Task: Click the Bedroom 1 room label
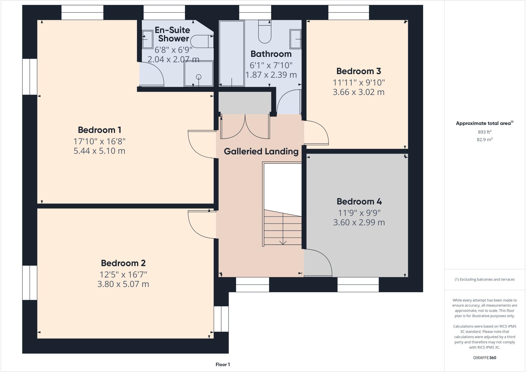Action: [99, 130]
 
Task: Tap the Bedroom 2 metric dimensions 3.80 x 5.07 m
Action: [123, 284]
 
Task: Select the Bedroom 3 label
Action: [359, 71]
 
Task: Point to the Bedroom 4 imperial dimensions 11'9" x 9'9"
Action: [359, 213]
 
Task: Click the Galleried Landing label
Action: [261, 151]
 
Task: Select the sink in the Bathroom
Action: [295, 39]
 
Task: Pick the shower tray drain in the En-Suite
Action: [199, 77]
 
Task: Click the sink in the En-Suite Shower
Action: [147, 39]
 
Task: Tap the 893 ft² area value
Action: [484, 132]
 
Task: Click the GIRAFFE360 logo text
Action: [484, 358]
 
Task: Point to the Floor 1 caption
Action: [223, 365]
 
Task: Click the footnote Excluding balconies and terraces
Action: [484, 279]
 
